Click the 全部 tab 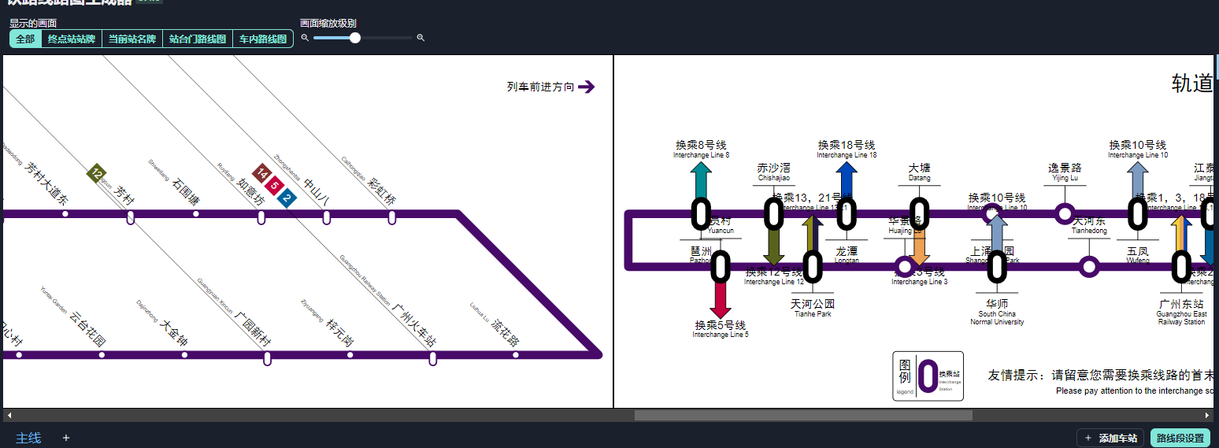tap(25, 39)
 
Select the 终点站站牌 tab tap(72, 39)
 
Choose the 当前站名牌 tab tap(132, 39)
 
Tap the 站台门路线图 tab tap(198, 39)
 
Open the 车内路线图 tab tap(263, 39)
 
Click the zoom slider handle tap(355, 38)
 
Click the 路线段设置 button tap(1180, 438)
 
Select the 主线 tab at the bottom tap(28, 438)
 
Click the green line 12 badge tap(96, 173)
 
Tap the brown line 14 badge tap(261, 174)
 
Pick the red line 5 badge tap(273, 187)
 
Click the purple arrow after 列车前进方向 tap(586, 87)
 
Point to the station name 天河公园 tap(813, 304)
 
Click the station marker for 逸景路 tap(1065, 213)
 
